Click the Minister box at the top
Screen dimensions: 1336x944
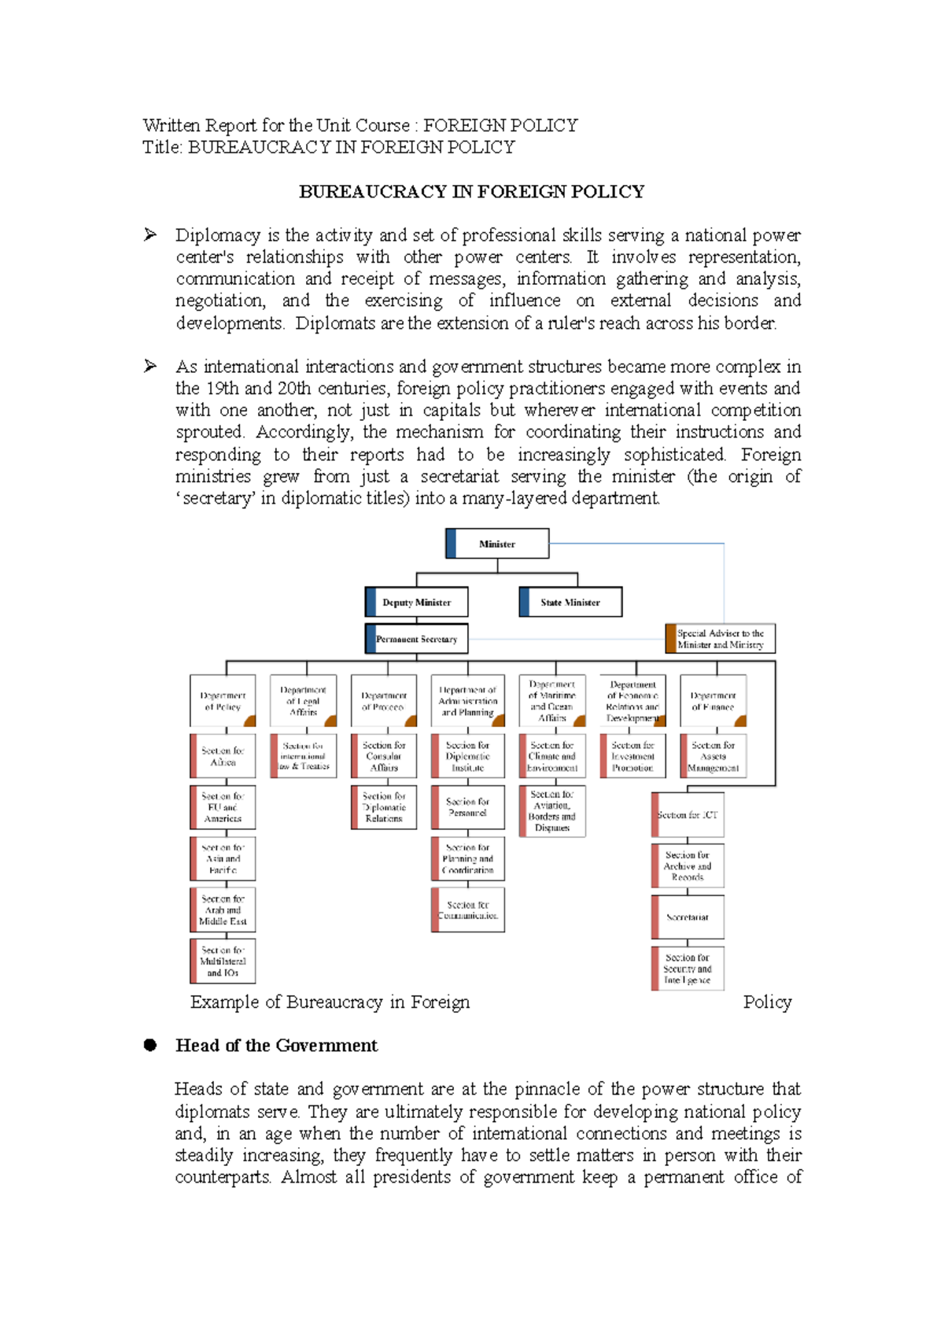point(497,544)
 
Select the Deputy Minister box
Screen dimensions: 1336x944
point(417,602)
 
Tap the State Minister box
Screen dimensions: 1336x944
point(570,602)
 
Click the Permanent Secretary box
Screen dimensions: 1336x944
point(417,639)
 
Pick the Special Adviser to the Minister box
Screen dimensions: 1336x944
point(721,639)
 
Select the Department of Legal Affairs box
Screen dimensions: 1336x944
point(304,700)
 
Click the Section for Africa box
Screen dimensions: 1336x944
point(223,756)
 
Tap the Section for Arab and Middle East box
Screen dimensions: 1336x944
point(223,910)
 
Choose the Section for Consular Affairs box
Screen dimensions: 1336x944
point(384,756)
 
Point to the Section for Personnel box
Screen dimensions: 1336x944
point(468,807)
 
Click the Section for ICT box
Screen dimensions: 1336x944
point(688,815)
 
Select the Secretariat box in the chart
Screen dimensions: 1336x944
point(688,917)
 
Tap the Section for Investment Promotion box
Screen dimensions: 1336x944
point(633,756)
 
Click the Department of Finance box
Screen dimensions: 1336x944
point(714,700)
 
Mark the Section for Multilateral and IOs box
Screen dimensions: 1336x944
point(223,961)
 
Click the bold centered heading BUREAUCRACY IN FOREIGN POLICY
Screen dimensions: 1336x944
point(471,192)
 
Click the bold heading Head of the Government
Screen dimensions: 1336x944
point(276,1046)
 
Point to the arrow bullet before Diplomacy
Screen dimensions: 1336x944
point(150,234)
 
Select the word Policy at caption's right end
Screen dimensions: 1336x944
point(767,1002)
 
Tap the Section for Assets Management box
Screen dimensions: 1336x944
point(714,756)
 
